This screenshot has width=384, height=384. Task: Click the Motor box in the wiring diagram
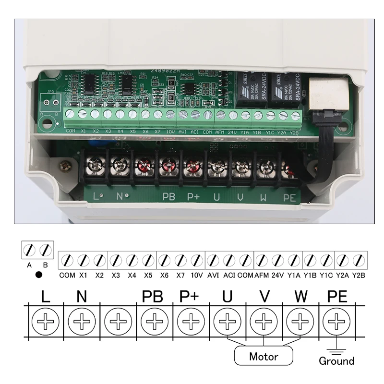[264, 357]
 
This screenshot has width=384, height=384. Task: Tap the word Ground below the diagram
[336, 361]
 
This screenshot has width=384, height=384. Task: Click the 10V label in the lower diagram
[196, 276]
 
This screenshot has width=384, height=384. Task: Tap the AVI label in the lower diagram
[213, 276]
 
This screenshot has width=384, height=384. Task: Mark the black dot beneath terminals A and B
[38, 276]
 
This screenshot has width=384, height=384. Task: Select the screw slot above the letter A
[30, 250]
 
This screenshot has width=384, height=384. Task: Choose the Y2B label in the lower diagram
[359, 276]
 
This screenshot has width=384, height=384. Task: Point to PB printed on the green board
[168, 196]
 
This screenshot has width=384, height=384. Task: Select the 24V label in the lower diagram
[277, 276]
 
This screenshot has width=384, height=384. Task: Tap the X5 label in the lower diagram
[148, 276]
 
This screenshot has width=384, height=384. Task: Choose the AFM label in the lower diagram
[261, 276]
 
